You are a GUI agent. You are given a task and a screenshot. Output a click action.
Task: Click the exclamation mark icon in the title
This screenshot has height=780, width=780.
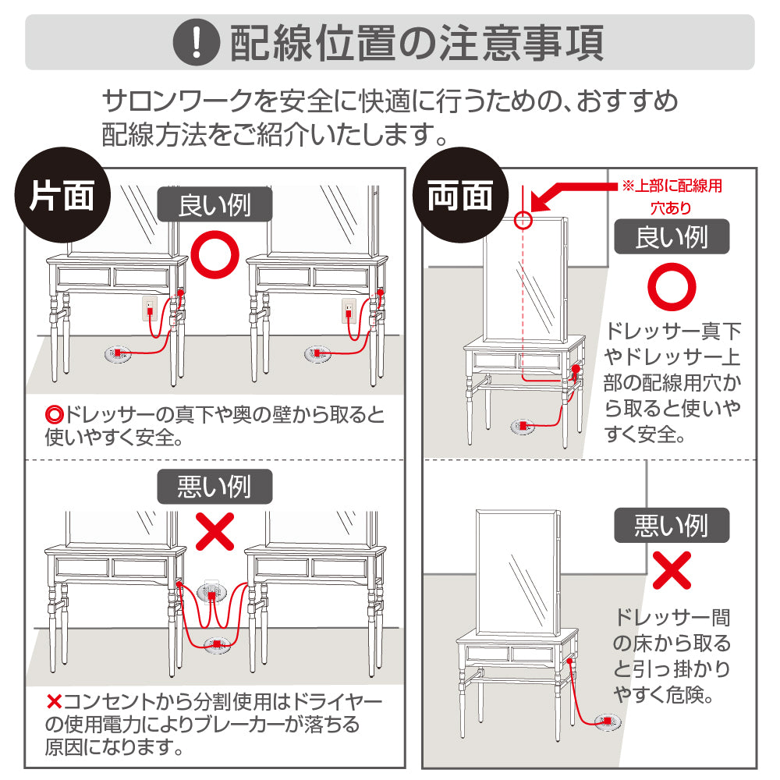197,42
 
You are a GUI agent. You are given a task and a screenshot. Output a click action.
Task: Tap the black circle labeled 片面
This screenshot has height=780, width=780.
62,195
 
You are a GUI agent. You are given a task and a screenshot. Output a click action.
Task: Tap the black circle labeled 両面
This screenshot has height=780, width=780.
461,195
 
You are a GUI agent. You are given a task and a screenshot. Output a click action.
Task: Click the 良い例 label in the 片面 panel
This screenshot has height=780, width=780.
215,204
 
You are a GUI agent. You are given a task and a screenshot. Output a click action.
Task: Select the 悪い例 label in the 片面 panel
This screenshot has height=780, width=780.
215,487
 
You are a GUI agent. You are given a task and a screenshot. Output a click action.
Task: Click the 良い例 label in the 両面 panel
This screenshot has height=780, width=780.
672,237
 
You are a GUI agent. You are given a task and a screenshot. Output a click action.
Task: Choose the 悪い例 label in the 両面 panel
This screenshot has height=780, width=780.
672,525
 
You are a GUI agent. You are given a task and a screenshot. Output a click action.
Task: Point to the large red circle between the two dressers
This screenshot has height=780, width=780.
215,255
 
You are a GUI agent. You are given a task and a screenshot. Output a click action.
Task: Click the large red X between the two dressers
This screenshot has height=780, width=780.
215,532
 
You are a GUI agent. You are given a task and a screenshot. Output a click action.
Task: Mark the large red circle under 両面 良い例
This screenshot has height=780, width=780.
672,287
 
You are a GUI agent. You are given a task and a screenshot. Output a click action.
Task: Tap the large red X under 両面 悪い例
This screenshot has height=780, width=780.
672,570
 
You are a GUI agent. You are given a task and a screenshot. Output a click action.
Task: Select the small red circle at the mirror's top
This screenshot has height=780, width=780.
523,220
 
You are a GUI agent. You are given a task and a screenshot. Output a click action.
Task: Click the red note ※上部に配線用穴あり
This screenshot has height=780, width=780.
672,197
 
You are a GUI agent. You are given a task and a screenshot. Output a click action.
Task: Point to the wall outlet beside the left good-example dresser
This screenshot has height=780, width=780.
150,309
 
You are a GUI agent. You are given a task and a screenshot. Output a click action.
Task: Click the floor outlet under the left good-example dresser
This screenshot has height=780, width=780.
118,353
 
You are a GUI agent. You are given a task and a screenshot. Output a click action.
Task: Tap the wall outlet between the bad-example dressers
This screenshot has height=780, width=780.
212,590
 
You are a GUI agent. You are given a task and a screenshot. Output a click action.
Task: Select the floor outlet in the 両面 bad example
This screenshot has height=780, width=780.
608,721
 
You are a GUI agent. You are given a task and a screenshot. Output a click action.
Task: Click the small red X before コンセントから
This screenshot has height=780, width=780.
54,702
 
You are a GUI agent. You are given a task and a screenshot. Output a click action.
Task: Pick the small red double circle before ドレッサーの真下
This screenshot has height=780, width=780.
55,414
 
